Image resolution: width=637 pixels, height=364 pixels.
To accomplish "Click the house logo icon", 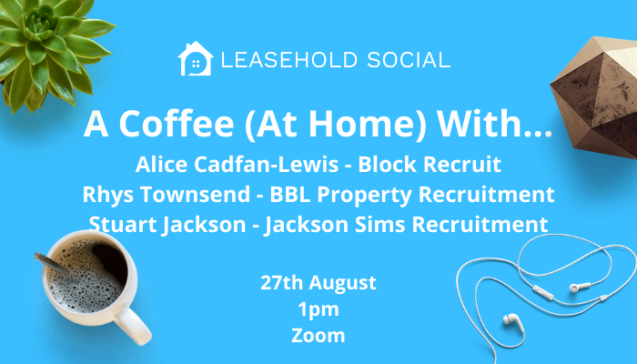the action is click(x=196, y=59).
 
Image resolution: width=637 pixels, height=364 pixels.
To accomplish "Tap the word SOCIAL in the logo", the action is click(x=409, y=60).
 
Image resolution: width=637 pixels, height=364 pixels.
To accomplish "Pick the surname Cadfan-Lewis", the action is click(x=266, y=165).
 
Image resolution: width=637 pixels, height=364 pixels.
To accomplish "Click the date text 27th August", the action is click(x=318, y=283).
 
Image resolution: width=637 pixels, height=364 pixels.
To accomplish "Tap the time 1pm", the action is click(x=318, y=309).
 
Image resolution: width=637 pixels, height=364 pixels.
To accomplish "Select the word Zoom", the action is click(x=318, y=336).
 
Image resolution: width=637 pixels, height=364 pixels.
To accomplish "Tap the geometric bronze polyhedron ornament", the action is click(x=594, y=97).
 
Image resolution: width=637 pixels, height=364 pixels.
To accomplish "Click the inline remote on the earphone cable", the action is click(x=542, y=292).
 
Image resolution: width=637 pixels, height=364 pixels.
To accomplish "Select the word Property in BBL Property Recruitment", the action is click(x=364, y=196).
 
